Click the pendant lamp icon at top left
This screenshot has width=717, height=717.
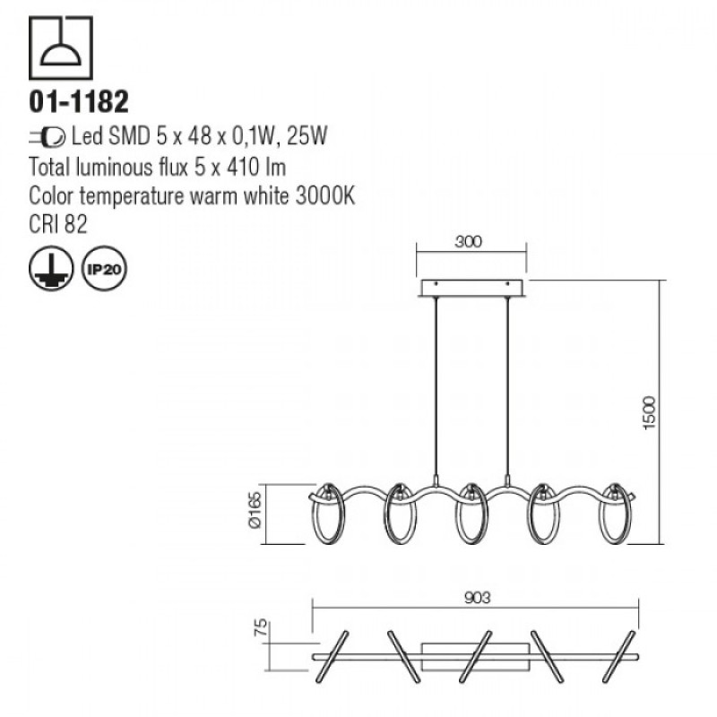click(61, 48)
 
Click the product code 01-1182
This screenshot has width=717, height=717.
click(79, 101)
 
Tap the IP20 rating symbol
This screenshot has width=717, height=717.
click(104, 268)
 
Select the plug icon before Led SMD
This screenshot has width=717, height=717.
click(48, 137)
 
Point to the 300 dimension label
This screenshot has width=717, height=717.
click(468, 241)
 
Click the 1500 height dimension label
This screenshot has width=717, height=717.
click(649, 412)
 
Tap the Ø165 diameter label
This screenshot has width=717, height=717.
click(255, 510)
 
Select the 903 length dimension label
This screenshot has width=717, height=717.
click(477, 598)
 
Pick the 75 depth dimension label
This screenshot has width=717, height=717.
click(260, 629)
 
